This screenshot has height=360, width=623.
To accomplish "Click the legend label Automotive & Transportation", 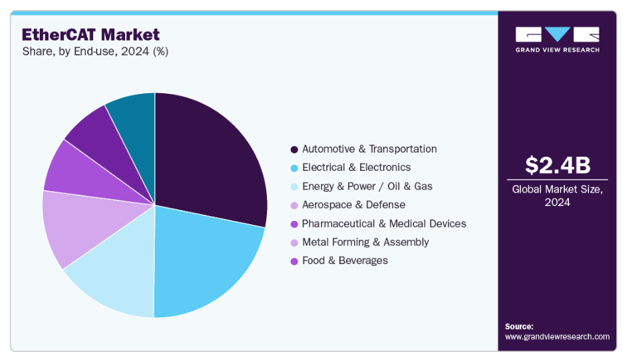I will tap(369, 149).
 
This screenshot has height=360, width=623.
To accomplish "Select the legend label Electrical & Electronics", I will tap(356, 167).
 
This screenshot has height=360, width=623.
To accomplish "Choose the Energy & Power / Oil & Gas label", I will tap(367, 186).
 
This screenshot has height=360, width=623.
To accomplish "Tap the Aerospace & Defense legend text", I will tap(353, 205).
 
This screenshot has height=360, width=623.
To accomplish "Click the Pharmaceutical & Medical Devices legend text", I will tap(384, 224).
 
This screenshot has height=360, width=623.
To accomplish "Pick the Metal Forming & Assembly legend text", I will tap(365, 242).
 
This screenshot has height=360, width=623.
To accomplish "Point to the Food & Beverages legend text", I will tap(345, 261).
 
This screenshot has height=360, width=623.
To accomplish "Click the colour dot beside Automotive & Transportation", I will tap(294, 149).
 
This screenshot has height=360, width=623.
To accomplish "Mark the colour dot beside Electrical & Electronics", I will tap(294, 168).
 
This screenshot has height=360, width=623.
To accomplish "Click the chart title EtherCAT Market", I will tap(91, 34).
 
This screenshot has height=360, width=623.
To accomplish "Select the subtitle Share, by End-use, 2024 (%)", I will tap(95, 51).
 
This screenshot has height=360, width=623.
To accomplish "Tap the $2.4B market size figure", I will tap(557, 165).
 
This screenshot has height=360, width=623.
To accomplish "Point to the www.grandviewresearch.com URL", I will tap(557, 336).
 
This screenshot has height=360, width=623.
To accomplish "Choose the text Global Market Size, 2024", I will tap(557, 196).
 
